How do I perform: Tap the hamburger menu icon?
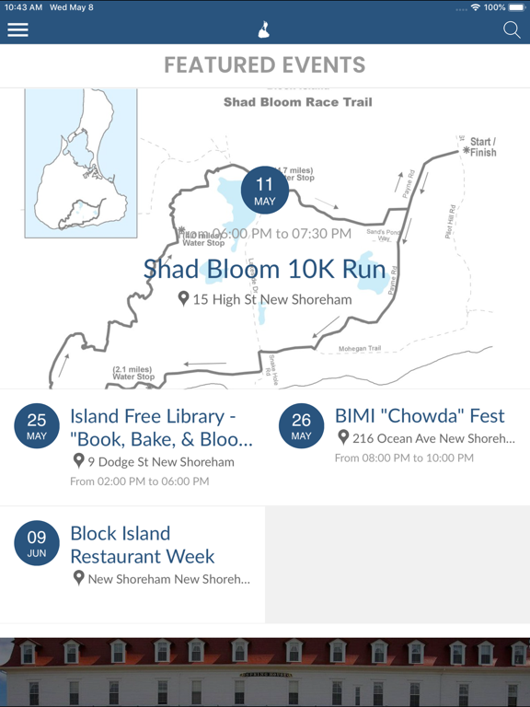tap(17, 29)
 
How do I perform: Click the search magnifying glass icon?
tap(512, 29)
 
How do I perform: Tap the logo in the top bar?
tap(264, 29)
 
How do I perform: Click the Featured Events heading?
tap(265, 65)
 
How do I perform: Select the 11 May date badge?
tap(265, 191)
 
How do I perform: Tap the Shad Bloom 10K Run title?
tap(265, 270)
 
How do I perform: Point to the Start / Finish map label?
tap(480, 147)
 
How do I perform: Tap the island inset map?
tap(81, 164)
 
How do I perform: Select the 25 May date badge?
tap(37, 427)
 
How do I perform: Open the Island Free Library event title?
tap(161, 427)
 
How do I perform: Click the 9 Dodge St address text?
tap(160, 462)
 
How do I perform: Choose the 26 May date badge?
tap(301, 427)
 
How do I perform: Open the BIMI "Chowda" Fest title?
tap(420, 416)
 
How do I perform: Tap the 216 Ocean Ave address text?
tap(432, 438)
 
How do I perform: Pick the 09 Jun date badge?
tap(37, 545)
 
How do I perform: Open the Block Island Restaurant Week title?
tap(143, 545)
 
